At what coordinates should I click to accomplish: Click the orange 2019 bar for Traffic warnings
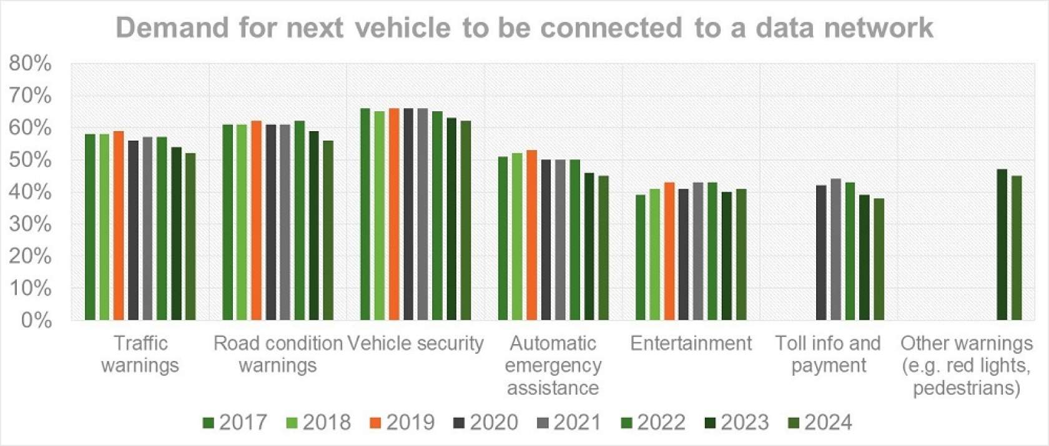coord(119,225)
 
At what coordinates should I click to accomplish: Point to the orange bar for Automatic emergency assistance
coord(531,235)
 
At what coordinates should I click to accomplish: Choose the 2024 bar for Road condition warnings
coord(328,230)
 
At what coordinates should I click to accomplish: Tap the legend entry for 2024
coord(820,423)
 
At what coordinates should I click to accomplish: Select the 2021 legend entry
coord(569,423)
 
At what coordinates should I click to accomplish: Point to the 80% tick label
coord(30,63)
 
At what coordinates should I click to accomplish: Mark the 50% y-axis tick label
coord(30,159)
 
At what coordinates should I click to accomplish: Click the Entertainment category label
coord(691,344)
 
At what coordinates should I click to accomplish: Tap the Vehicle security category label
coord(415,344)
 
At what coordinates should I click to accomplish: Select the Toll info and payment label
coord(828,354)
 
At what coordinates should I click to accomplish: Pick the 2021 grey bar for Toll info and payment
coord(835,249)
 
